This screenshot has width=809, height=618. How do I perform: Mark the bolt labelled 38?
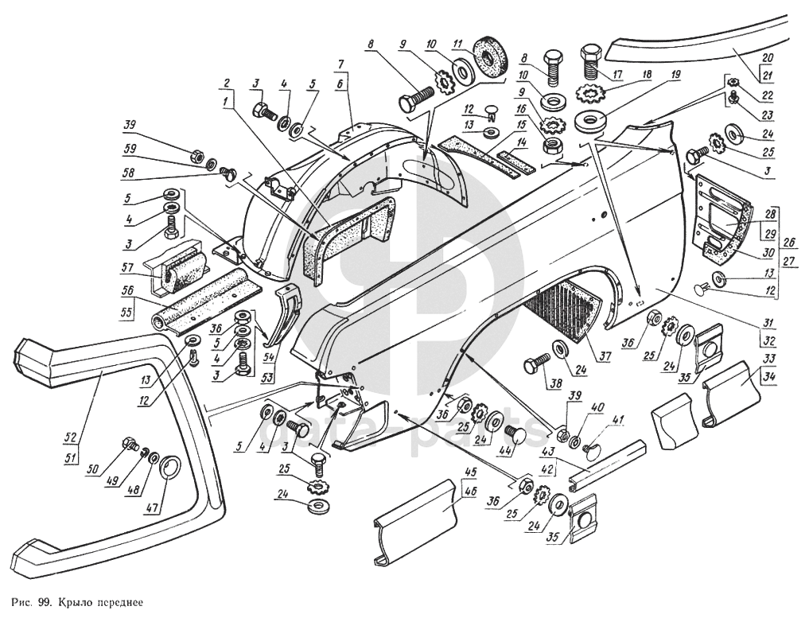tap(532, 367)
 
